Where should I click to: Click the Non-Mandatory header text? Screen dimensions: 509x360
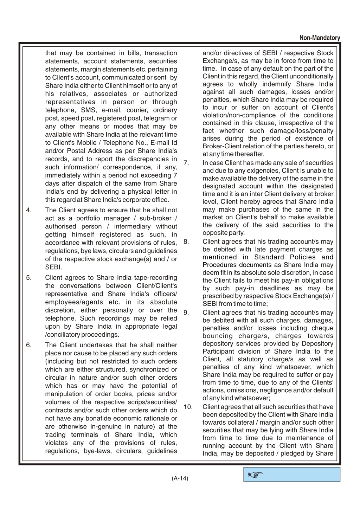(x=320, y=38)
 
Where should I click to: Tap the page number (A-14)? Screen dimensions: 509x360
(x=180, y=478)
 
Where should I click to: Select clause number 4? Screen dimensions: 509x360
(x=29, y=210)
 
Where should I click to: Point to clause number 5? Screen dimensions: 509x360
(x=29, y=278)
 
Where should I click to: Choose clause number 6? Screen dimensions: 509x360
(x=29, y=345)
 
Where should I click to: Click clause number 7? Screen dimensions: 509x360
(x=186, y=163)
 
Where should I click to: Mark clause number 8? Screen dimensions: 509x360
(x=186, y=241)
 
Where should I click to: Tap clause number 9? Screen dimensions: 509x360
(x=186, y=313)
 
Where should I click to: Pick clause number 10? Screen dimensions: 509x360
(x=188, y=407)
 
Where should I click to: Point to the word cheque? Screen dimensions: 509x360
(x=323, y=328)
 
